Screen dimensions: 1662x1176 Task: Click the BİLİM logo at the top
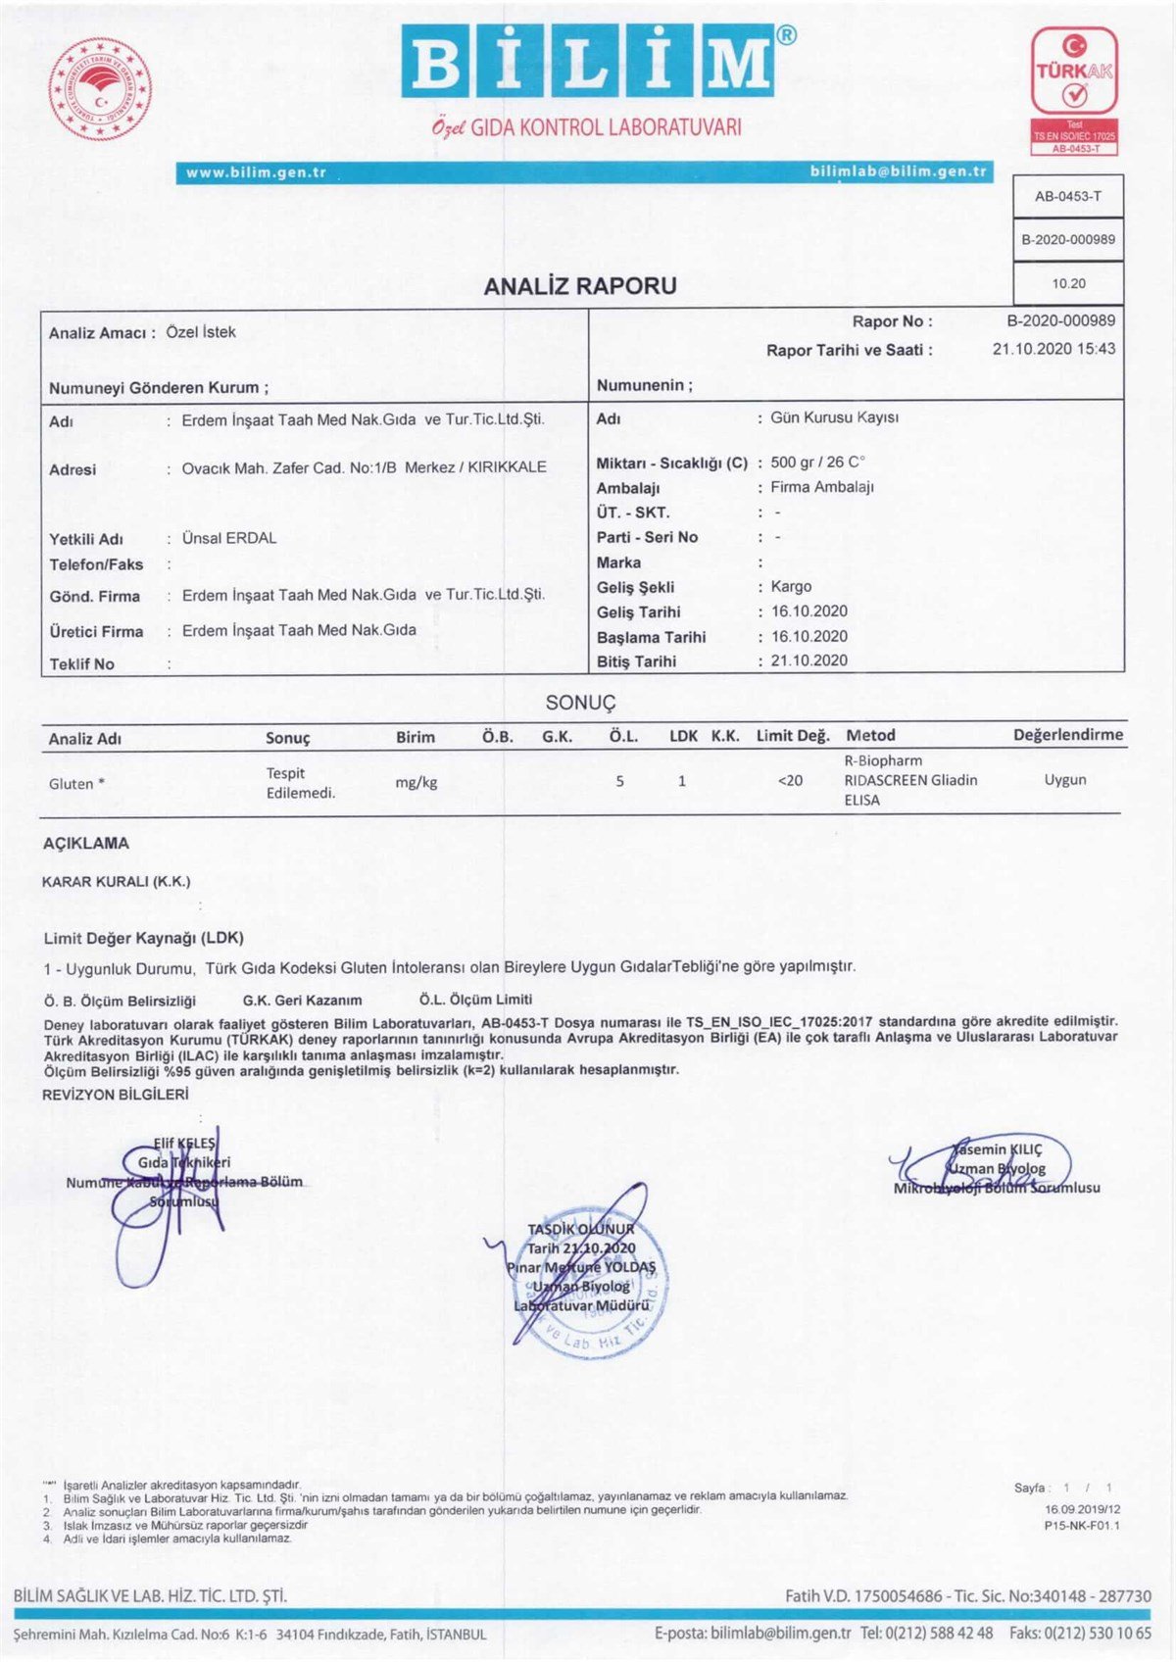(x=587, y=64)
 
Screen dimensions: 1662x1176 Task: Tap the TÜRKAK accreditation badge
(x=1074, y=90)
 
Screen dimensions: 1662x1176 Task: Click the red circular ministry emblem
(x=100, y=90)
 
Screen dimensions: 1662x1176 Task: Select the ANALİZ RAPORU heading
(x=580, y=286)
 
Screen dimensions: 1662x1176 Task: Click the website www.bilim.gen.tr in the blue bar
(x=256, y=172)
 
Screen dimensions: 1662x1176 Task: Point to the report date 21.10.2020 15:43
(x=1053, y=349)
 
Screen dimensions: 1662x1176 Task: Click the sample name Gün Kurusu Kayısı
(x=834, y=417)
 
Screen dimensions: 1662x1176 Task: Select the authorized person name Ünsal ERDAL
(x=229, y=538)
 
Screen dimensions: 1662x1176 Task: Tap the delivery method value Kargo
(x=791, y=586)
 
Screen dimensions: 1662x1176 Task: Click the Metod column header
(x=870, y=735)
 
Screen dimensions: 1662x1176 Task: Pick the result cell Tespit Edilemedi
(x=300, y=783)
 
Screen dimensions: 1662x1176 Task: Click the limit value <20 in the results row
(x=790, y=781)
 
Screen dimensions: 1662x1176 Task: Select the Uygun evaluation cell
(x=1065, y=780)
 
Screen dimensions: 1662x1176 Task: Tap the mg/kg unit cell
(x=416, y=782)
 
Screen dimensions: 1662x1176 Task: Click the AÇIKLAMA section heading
(x=86, y=843)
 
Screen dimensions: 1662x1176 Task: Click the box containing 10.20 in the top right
(x=1068, y=283)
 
